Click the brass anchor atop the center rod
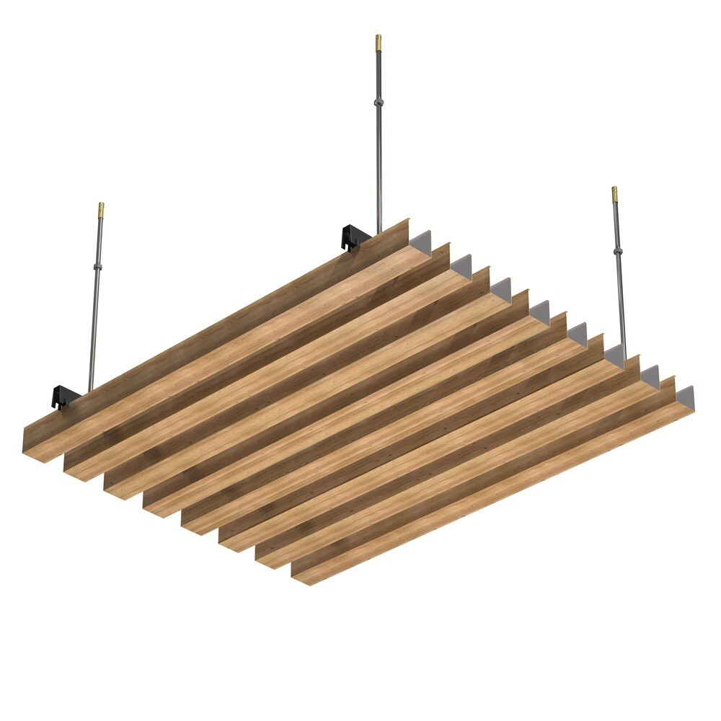378,41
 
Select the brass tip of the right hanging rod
614,194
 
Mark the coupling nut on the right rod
617,252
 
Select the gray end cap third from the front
614,356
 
